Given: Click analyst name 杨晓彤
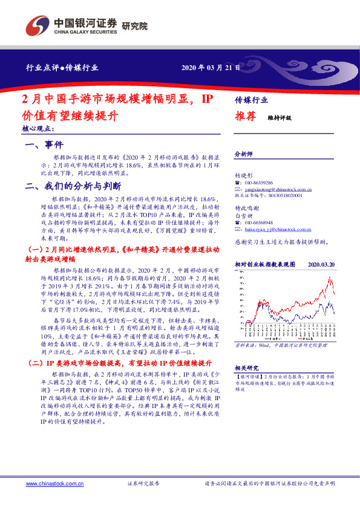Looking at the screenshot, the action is pyautogui.click(x=242, y=175).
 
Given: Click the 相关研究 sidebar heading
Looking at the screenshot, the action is pyautogui.click(x=246, y=367).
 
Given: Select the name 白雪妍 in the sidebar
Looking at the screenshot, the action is pyautogui.click(x=242, y=215).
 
